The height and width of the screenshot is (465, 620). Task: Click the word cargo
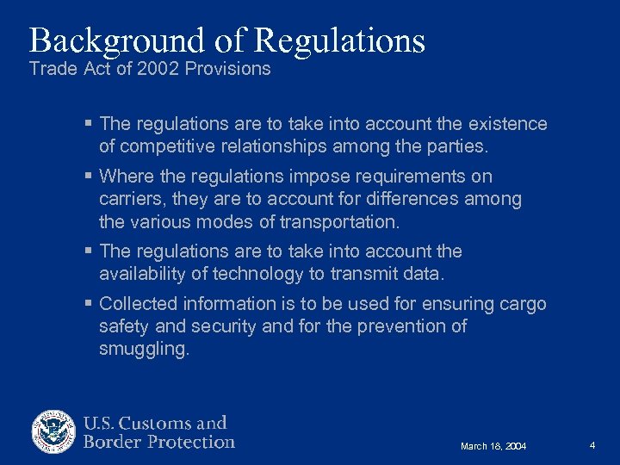tap(523, 304)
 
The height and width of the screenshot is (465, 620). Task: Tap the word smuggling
tap(144, 349)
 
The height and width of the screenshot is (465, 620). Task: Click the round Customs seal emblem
tap(54, 432)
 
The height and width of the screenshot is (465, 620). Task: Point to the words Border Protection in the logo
tap(158, 443)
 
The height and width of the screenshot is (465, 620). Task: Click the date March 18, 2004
tap(493, 446)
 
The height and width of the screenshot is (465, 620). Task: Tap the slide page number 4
tap(592, 445)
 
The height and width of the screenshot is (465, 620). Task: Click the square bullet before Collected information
tap(90, 304)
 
